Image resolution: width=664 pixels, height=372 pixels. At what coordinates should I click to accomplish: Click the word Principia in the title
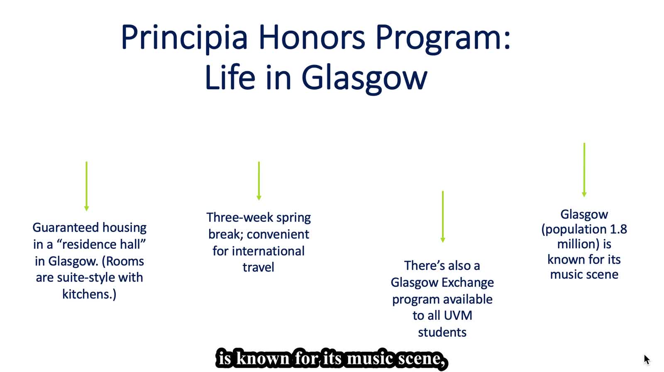coord(184,38)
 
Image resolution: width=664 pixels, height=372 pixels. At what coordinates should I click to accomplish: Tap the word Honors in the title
coord(312,37)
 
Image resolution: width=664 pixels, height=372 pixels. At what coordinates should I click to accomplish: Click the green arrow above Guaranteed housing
coord(87,186)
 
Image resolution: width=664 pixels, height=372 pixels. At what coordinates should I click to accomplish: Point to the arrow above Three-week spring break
coord(259,181)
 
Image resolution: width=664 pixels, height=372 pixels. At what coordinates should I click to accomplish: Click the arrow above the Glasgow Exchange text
coord(443,217)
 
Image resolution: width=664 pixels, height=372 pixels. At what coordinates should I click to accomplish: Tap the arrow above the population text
coord(584,170)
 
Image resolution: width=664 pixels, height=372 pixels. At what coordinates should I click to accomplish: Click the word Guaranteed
coord(66,228)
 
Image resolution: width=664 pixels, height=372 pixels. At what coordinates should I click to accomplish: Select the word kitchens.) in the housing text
coord(89,294)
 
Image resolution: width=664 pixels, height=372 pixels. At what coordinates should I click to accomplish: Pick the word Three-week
coord(240,218)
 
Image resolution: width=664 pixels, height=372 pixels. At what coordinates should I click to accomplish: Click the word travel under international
coord(258,267)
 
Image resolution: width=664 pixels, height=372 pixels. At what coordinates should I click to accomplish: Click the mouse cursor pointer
coord(647,360)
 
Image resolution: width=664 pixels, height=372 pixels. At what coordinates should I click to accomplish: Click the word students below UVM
coord(442,332)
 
